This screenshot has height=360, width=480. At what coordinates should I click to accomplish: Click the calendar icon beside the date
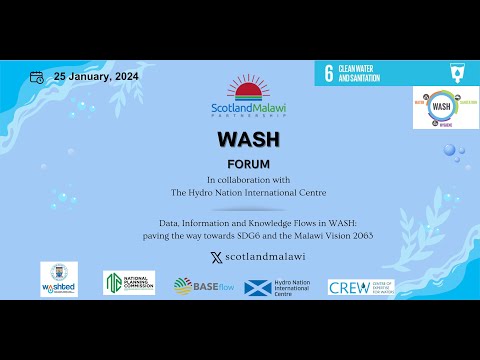36,76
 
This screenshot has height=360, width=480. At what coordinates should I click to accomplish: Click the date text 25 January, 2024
96,76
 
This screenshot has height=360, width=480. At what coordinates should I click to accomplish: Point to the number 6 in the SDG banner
328,72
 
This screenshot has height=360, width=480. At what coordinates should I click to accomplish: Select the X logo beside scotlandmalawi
216,257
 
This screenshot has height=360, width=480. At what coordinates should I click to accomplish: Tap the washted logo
59,279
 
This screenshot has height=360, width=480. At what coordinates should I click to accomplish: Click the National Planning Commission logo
129,283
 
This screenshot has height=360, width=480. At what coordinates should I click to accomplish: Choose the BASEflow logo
203,286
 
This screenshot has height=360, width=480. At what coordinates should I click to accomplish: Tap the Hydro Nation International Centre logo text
297,288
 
